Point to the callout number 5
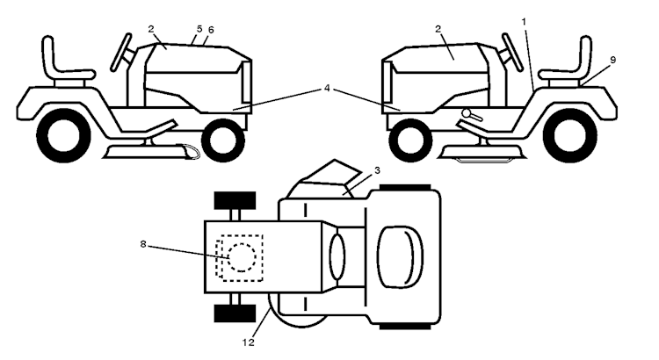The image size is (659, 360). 199,29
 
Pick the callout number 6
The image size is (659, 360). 211,30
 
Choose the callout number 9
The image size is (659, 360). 613,59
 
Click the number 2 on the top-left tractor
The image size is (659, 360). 151,29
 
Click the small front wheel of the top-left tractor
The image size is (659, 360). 222,137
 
